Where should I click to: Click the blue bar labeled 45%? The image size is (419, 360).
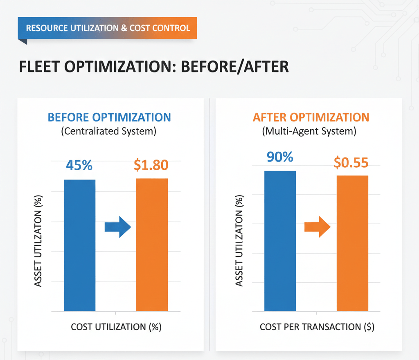pos(80,245)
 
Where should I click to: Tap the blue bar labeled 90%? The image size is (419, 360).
pos(280,241)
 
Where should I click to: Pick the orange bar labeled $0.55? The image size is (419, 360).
pos(352,243)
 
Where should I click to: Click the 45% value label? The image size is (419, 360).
pos(79,166)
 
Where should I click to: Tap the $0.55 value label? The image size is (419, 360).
pos(351,162)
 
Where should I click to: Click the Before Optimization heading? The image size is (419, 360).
pos(109,117)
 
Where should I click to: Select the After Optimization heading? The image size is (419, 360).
pos(311,117)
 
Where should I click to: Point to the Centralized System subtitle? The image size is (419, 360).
pos(109,132)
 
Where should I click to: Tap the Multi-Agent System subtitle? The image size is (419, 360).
pos(309,132)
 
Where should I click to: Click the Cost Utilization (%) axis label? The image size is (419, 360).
pos(116,327)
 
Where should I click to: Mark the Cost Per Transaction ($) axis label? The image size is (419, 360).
pos(317,327)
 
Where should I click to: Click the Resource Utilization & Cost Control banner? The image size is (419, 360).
pos(108,28)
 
